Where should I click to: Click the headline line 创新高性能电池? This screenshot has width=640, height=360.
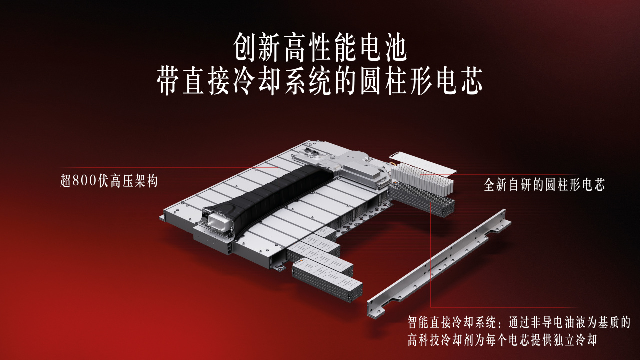pos(320,48)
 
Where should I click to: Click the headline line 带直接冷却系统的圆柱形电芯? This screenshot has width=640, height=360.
pos(320,80)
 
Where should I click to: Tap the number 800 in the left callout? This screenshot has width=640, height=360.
pos(85,181)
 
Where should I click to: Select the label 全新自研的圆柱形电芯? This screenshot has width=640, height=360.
pos(544,185)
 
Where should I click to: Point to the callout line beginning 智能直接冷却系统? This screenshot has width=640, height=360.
pos(519,323)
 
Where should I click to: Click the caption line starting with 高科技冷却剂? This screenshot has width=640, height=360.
pos(502,340)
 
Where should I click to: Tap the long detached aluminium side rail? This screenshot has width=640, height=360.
pos(439,263)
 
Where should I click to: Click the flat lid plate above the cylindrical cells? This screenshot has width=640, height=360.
pos(423,162)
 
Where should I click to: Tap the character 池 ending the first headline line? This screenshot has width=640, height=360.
pos(395,48)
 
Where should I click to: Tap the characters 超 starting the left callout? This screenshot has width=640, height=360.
pos(66,181)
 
